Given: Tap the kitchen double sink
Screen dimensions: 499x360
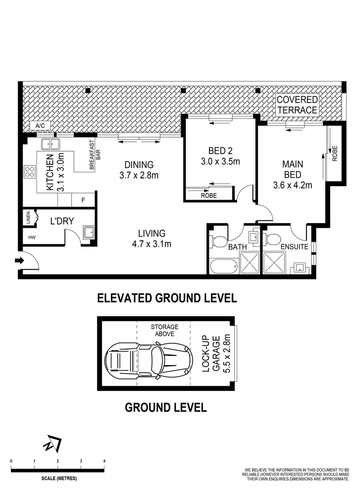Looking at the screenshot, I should point(50,144).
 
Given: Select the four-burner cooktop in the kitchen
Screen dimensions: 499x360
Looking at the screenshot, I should point(30,172).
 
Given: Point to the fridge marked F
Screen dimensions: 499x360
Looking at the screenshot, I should point(83,201).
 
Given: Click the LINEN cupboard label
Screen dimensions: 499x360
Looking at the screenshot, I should point(28,218).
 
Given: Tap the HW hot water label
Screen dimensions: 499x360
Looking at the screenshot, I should point(31,237).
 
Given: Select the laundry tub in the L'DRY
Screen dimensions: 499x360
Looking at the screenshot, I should point(88,232).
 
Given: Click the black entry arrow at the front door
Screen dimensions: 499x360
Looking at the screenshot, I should point(19,261).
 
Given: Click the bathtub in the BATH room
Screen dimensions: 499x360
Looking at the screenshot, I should point(224,266).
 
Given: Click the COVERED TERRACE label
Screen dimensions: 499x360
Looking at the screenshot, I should point(297,105).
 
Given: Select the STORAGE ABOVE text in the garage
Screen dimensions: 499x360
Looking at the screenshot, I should point(164,330).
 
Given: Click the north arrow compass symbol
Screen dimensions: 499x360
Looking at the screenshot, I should point(52,444).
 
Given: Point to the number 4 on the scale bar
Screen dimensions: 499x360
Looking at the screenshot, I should point(104,461).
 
